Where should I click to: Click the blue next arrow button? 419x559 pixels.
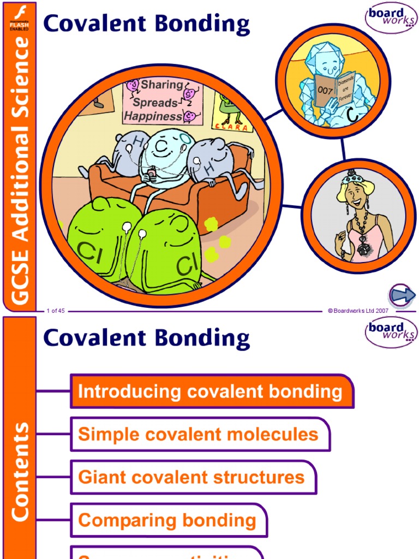click(x=403, y=296)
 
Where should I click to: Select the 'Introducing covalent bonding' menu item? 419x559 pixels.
click(x=211, y=391)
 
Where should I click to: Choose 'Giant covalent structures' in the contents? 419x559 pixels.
click(x=192, y=477)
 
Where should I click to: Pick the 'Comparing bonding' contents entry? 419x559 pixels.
click(x=167, y=520)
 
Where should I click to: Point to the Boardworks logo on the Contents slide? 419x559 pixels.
click(x=391, y=332)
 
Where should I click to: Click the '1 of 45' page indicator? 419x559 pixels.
click(x=56, y=311)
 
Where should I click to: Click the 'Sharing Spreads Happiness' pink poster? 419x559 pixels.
click(x=162, y=102)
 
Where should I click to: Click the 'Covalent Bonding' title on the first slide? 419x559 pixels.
click(x=146, y=25)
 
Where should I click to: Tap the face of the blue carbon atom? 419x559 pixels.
click(x=162, y=148)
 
